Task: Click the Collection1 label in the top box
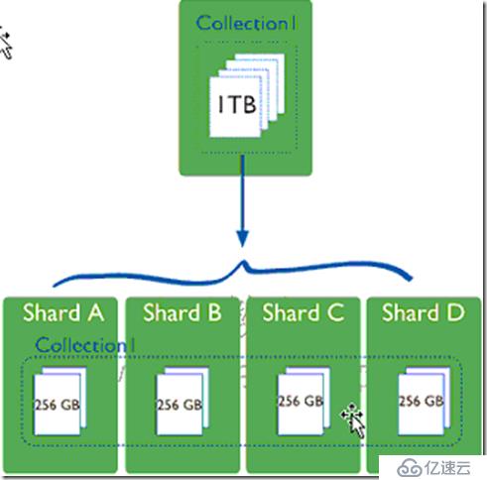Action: [x=246, y=24]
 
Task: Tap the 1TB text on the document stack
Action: [x=237, y=105]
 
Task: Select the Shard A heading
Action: [x=63, y=312]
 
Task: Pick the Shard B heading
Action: [x=183, y=312]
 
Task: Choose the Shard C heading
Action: [x=304, y=312]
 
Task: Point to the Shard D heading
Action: [x=424, y=312]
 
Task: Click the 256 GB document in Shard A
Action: [x=61, y=402]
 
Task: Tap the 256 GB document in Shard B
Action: [x=183, y=402]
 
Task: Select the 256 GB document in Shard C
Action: [x=304, y=402]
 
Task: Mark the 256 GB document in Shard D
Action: [x=425, y=402]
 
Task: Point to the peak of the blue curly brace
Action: [x=244, y=262]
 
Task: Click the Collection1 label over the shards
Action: [x=85, y=345]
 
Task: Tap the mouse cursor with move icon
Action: [x=354, y=420]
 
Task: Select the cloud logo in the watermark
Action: [x=410, y=467]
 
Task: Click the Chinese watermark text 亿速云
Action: [x=447, y=467]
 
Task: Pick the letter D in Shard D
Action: [x=456, y=312]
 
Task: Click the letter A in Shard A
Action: [x=96, y=312]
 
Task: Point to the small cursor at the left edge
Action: [x=6, y=46]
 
